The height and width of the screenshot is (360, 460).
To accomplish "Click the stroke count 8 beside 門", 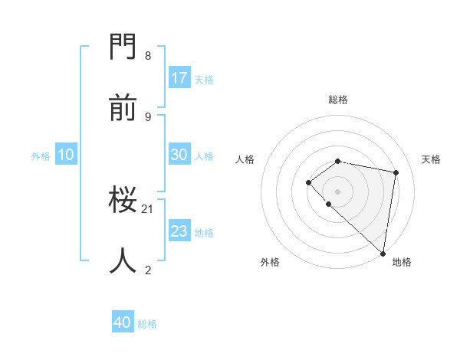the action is (147, 56).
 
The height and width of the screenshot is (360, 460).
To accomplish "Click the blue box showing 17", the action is (179, 78).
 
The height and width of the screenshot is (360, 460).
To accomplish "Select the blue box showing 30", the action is (179, 155).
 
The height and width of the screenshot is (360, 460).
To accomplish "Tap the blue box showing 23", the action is (179, 231).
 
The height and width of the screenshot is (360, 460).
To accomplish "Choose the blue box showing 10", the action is (66, 155).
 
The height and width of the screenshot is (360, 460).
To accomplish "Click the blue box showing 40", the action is (123, 323).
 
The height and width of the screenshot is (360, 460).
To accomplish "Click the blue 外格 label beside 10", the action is (41, 155).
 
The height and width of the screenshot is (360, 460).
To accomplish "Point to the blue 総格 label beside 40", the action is (147, 324).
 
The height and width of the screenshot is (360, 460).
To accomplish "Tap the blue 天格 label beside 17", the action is (204, 79).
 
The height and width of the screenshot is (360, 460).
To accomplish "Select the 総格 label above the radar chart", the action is (338, 100).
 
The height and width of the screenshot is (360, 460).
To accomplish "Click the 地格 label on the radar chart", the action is (402, 262).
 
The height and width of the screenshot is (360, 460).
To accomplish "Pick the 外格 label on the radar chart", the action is (270, 262).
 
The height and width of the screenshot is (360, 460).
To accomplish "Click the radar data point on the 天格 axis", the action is (396, 172).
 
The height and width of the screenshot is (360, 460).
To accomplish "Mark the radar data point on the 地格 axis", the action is (383, 254).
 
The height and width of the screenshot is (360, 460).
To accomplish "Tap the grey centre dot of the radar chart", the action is (337, 191).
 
